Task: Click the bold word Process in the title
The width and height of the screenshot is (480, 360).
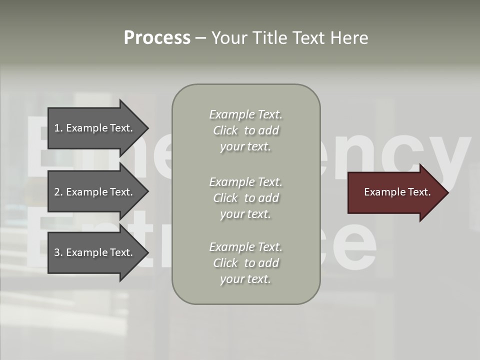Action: tap(157, 38)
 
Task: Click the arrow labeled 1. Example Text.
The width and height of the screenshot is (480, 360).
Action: tap(95, 128)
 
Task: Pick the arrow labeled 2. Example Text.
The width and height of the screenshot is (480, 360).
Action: tap(95, 192)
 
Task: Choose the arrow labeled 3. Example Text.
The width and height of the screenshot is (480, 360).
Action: tap(95, 252)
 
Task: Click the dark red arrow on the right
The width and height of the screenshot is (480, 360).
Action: tap(395, 192)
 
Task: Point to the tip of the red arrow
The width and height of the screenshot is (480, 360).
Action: tap(447, 192)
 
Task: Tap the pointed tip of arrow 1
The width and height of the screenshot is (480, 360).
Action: tap(148, 128)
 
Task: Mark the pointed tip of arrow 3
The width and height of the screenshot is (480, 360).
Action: tap(148, 252)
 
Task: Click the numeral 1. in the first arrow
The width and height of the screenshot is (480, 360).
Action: tap(58, 128)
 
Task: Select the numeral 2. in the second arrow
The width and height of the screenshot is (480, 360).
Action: tap(58, 192)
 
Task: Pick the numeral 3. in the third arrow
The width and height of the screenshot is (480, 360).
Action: tap(58, 252)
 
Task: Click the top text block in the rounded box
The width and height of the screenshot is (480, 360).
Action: tap(245, 130)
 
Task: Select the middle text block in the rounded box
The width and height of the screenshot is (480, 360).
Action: tap(245, 198)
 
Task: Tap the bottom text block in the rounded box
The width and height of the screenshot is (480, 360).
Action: tap(245, 263)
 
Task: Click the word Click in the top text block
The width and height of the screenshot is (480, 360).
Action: tap(225, 130)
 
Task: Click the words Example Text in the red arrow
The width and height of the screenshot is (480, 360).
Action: tap(397, 192)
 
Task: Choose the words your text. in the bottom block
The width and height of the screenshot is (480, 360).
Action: tap(245, 279)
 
